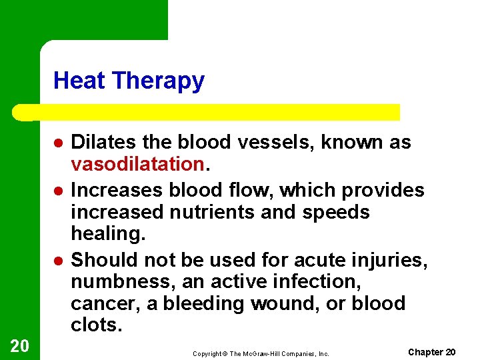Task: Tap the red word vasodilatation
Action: tap(137, 164)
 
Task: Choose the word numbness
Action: tap(123, 282)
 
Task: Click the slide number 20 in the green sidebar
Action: tap(19, 345)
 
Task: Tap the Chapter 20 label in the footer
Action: tap(431, 352)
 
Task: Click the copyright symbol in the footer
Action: tap(225, 354)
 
